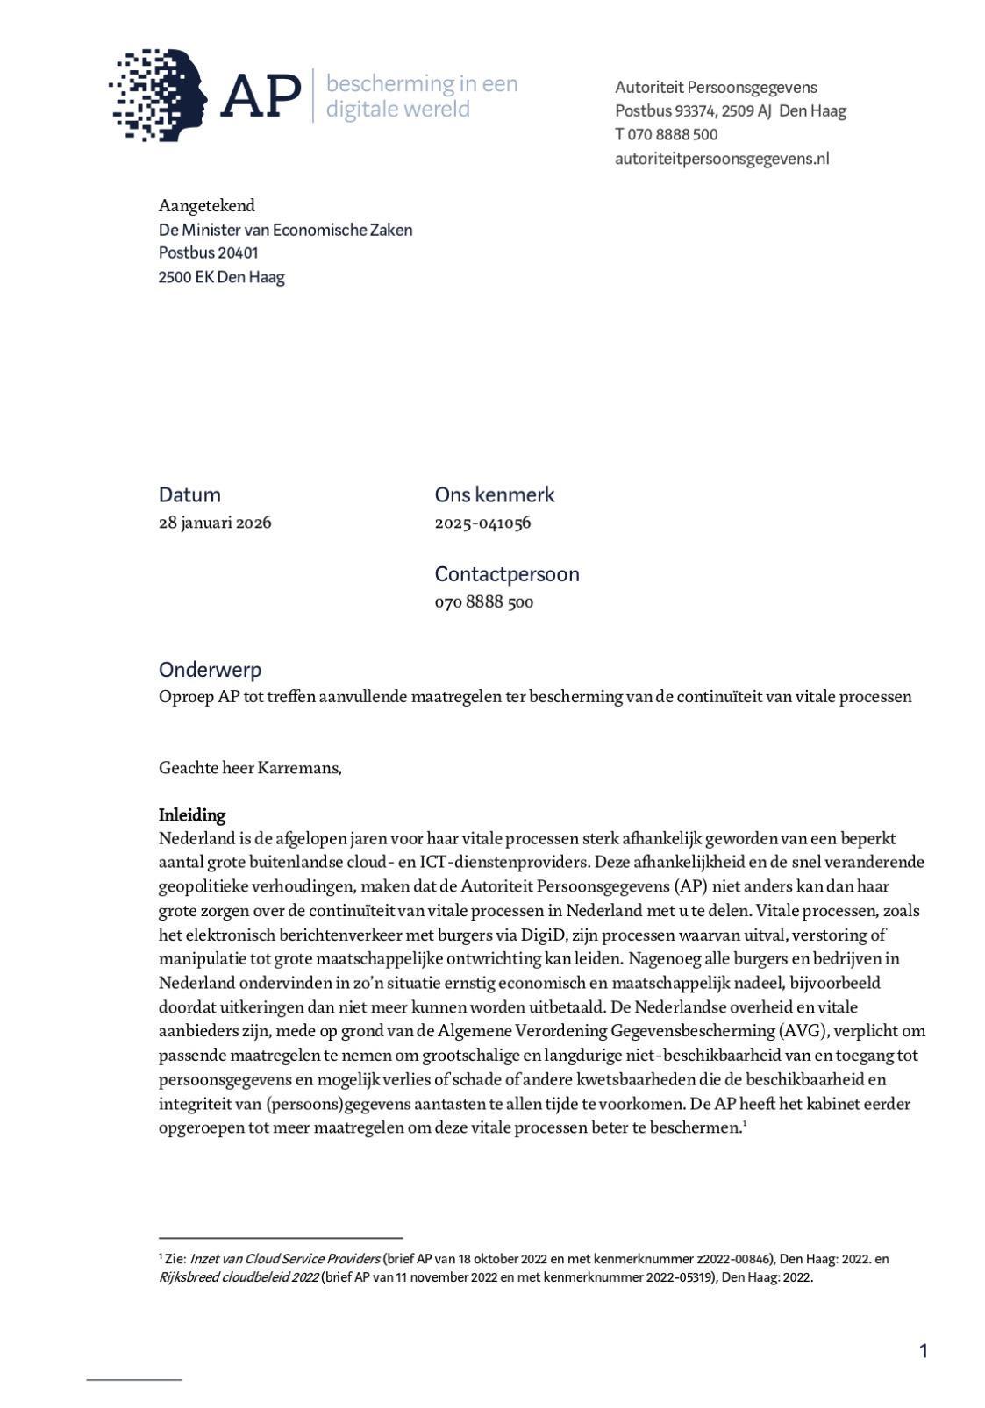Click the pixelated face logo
pos(158,94)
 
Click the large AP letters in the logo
pos(261,96)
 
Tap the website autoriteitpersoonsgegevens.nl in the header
pos(721,159)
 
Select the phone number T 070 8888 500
pos(666,134)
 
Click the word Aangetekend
pos(207,206)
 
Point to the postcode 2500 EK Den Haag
pos(221,277)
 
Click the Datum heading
pos(189,494)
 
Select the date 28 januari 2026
pos(215,523)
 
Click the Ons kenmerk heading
pos(495,494)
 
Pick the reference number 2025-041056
pos(482,523)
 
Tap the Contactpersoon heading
pos(507,574)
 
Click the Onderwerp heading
pos(210,670)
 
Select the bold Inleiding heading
pos(192,815)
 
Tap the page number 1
pos(923,1351)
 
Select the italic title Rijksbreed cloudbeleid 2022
pos(238,1277)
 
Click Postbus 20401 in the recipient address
pos(208,252)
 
